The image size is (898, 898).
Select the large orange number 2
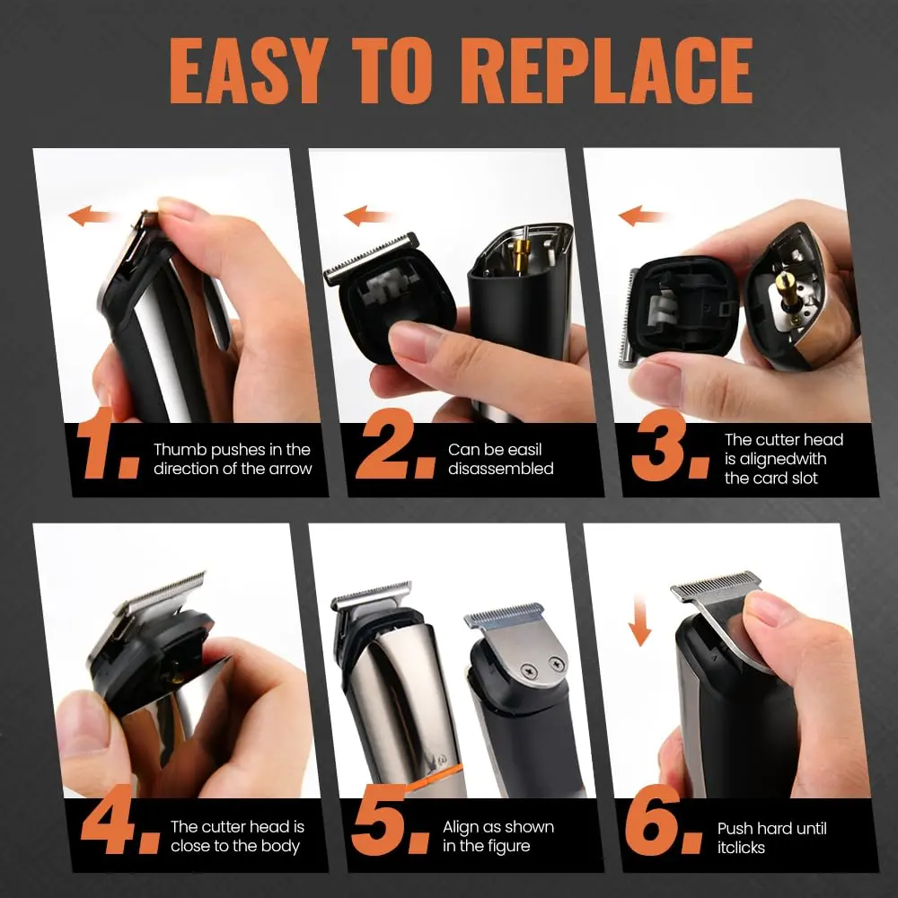386,449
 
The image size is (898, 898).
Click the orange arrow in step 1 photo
90,216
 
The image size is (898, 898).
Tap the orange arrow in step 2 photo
368,216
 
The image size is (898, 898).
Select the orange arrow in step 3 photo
643,216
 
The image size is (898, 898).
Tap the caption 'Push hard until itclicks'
771,837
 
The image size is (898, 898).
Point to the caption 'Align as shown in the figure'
497,836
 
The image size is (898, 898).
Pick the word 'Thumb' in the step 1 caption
178,450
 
